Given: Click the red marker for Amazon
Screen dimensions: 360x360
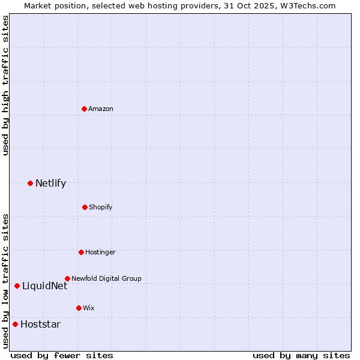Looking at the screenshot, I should [84, 109].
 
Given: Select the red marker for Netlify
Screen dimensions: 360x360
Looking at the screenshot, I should [30, 183].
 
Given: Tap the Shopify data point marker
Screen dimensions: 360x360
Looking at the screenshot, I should [85, 207].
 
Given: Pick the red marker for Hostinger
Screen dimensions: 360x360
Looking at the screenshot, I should [81, 252].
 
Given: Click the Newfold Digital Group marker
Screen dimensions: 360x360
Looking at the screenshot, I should [67, 278].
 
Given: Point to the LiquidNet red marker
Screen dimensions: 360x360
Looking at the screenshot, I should [17, 286].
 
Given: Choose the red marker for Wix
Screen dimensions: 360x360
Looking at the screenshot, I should [79, 308].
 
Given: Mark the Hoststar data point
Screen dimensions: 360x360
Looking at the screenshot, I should [15, 324].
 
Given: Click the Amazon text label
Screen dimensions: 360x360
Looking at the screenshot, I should [101, 109].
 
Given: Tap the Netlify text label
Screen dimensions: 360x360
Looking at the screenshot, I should [50, 183].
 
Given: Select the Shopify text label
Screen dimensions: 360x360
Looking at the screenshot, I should [101, 207].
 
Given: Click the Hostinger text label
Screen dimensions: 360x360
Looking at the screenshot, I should [100, 252].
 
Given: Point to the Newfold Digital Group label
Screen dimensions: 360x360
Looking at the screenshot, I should [106, 278].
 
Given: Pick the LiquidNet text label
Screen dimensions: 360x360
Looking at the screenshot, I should [44, 286].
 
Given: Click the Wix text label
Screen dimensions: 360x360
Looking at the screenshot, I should [89, 308].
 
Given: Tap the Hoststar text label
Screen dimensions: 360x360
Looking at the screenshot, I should [40, 324].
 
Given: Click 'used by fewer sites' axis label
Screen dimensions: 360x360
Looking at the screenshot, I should [62, 355].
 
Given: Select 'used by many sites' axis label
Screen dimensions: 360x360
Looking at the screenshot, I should [301, 355].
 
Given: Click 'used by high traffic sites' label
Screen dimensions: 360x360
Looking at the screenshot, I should [5, 85].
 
